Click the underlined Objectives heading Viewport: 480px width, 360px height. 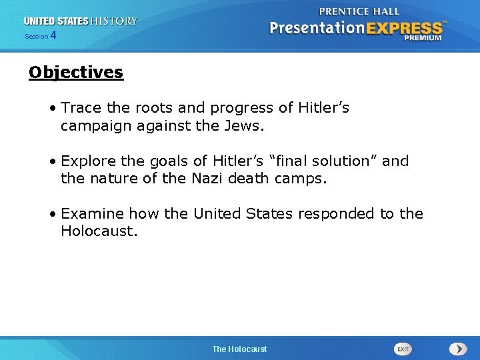(x=76, y=73)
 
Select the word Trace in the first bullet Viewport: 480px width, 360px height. (x=79, y=108)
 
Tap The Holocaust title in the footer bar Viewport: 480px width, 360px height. (x=239, y=349)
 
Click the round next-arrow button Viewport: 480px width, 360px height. (x=458, y=349)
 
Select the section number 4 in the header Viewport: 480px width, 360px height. (x=53, y=36)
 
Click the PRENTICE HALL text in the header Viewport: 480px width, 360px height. (x=359, y=11)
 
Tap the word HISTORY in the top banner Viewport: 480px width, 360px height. (x=114, y=21)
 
